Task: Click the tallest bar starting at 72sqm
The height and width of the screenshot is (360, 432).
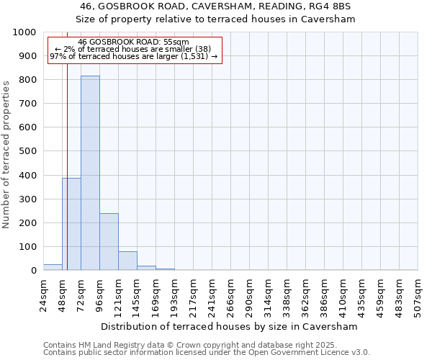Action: point(90,173)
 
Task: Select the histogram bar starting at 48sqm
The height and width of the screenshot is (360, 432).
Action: point(71,224)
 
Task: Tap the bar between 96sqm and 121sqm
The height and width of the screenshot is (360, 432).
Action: point(109,242)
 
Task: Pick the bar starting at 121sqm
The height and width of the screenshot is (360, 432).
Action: point(127,261)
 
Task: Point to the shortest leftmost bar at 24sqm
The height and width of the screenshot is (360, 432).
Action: point(53,267)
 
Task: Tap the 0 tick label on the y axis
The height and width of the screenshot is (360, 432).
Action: point(34,271)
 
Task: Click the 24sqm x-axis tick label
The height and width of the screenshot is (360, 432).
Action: point(44,294)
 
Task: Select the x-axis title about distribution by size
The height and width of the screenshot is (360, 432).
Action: point(229,327)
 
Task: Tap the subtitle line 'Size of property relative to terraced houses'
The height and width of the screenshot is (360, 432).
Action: point(216,19)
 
